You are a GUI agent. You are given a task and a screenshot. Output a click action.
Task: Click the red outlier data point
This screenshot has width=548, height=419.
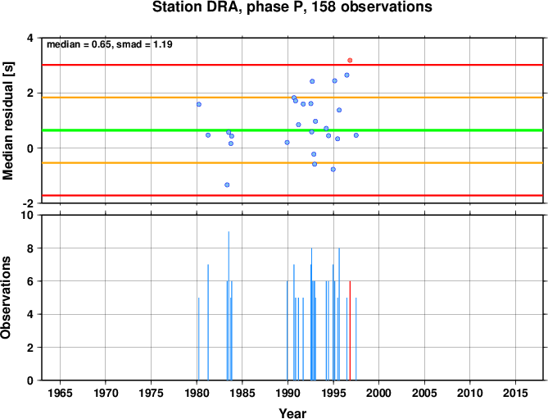(350, 61)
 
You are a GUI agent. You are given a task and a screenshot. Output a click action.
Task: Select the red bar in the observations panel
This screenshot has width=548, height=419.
(350, 330)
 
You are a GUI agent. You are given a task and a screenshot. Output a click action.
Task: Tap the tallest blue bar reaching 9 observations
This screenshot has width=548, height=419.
(229, 306)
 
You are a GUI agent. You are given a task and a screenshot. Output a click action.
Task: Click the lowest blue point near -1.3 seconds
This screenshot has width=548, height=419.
(227, 184)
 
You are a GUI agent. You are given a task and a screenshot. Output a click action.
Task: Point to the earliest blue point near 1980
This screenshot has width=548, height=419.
(199, 104)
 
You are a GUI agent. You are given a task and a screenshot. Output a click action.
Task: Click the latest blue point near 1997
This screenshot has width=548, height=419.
(356, 135)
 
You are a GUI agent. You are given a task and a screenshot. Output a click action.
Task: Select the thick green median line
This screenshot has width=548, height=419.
(292, 130)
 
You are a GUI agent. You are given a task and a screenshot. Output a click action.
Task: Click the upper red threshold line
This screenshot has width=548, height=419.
(292, 65)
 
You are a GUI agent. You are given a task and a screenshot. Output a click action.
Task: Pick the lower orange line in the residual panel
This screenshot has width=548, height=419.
(292, 163)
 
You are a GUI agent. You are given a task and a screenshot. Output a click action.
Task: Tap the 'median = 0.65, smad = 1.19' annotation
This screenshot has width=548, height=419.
(110, 44)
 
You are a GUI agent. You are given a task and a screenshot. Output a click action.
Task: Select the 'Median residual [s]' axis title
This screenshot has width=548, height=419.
(7, 121)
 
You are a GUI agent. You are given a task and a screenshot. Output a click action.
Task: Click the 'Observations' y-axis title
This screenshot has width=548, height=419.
(6, 298)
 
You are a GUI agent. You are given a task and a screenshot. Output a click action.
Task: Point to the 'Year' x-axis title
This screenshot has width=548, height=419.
(292, 413)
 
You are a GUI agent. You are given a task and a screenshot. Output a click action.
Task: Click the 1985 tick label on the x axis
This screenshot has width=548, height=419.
(242, 393)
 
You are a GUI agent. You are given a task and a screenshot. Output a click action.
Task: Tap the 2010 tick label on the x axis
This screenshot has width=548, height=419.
(470, 393)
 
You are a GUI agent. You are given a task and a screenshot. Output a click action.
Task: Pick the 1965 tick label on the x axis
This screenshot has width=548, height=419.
(60, 393)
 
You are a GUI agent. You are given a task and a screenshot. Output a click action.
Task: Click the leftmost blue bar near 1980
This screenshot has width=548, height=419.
(198, 339)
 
